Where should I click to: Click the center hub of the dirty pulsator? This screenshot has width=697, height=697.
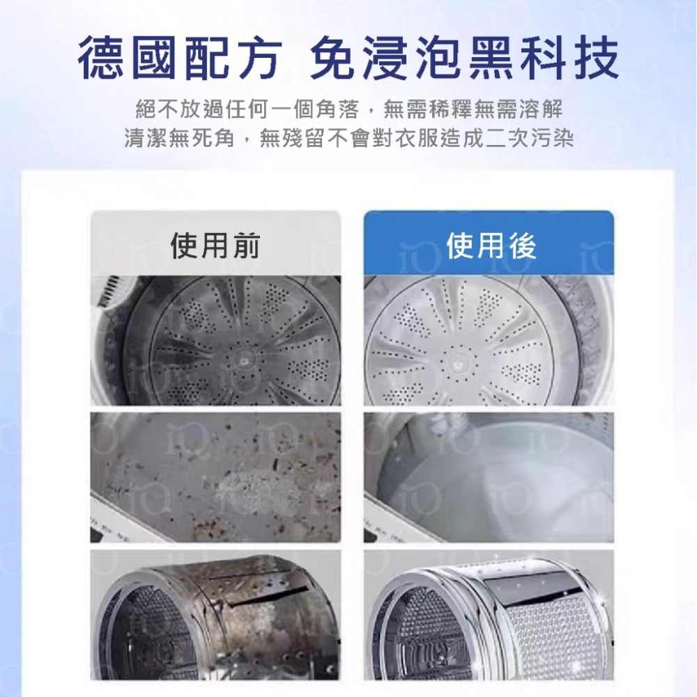coord(244,360)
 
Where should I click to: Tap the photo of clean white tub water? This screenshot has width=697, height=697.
coord(489,477)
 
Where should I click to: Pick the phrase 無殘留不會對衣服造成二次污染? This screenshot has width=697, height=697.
coord(416,139)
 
